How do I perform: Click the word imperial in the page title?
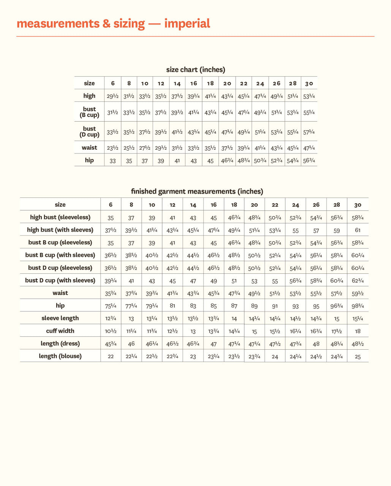[187, 24]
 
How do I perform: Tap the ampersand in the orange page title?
[106, 24]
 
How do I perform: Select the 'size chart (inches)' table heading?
[196, 69]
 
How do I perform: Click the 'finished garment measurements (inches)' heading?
[197, 191]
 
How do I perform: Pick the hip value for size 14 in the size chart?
[177, 161]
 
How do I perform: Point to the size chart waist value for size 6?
[112, 148]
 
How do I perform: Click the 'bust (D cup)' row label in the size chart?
[89, 132]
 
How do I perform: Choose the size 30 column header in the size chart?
[309, 84]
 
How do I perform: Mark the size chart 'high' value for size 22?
[244, 96]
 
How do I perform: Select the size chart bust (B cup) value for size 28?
[293, 113]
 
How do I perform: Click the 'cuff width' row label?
[60, 331]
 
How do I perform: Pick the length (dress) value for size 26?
[316, 344]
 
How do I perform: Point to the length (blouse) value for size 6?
[111, 357]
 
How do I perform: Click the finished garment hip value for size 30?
[358, 306]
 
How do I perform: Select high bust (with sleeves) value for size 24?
[296, 230]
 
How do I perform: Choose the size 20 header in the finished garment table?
[254, 205]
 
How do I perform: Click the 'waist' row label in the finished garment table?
[60, 293]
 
